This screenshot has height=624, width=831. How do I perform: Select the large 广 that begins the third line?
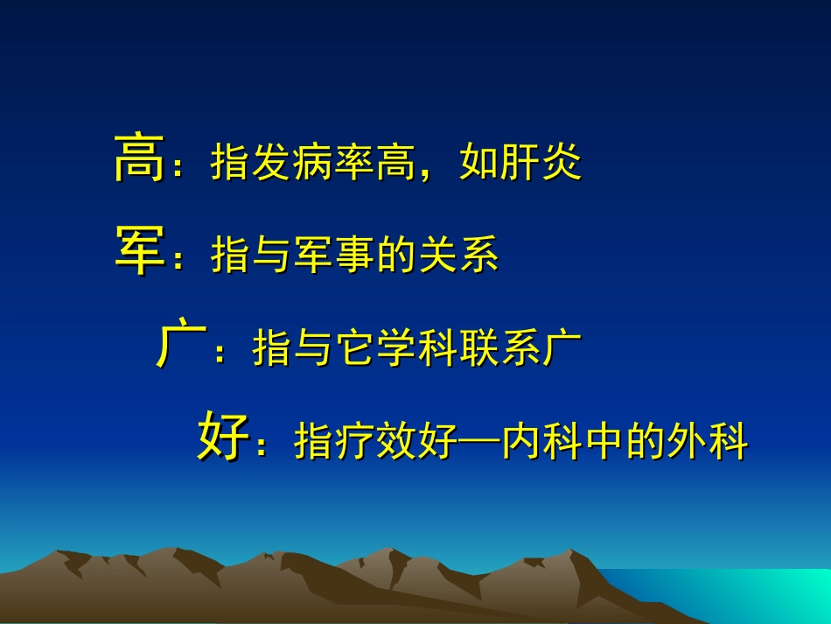[180, 347]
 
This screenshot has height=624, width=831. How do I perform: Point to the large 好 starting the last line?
[221, 438]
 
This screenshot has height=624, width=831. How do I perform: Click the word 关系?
[458, 256]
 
